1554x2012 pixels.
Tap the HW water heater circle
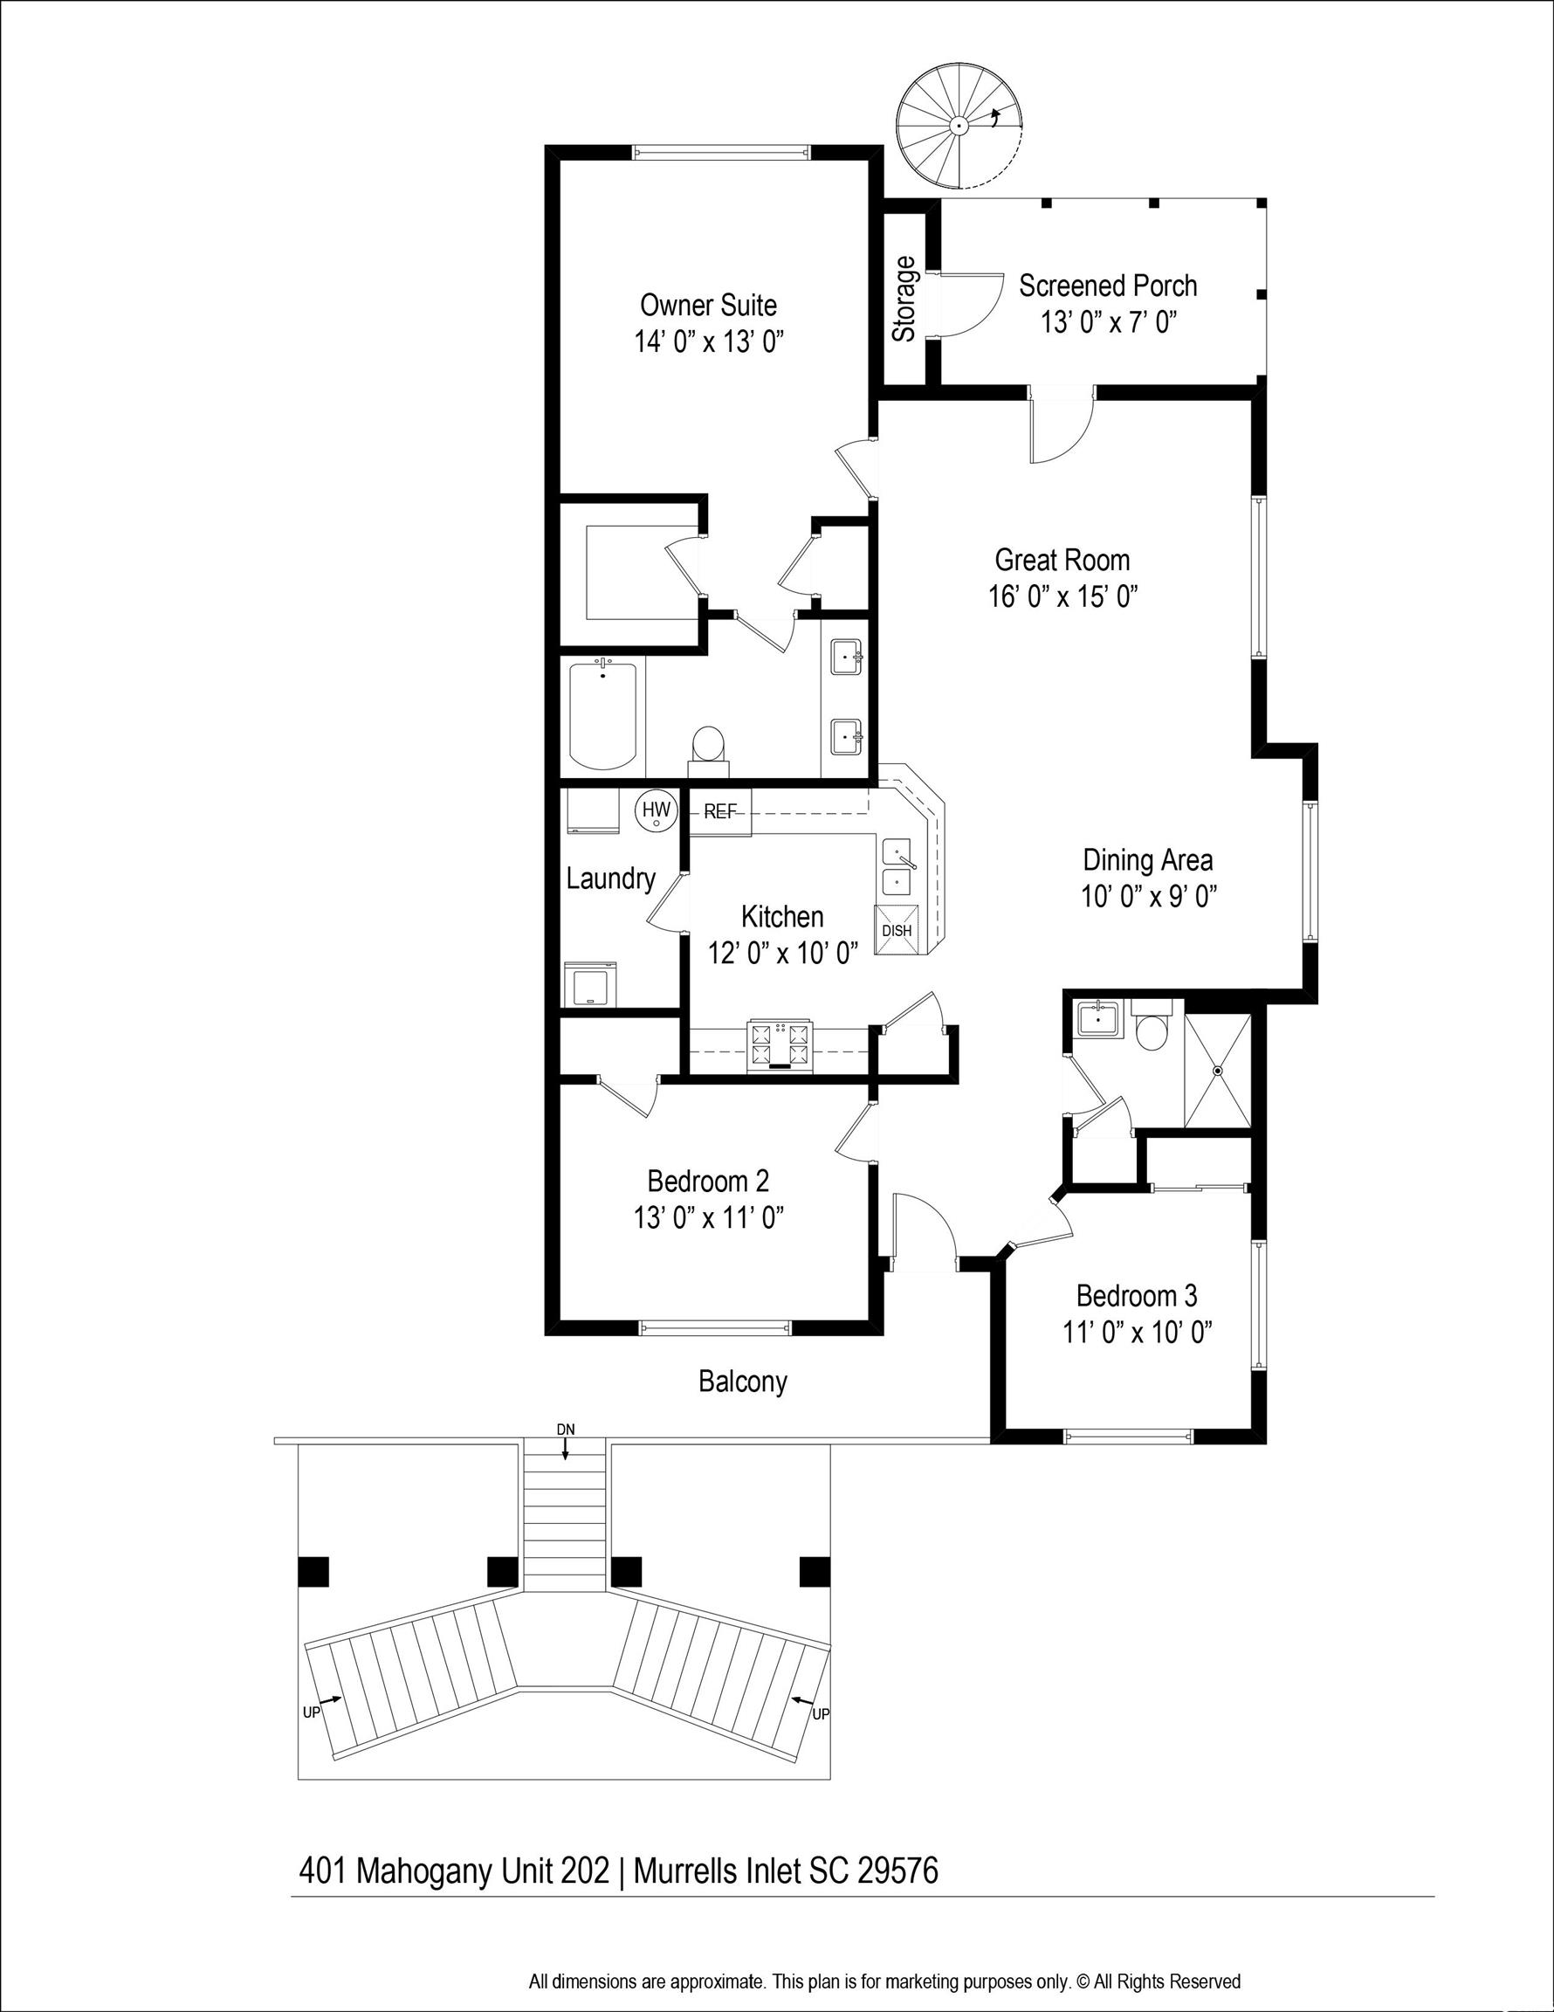(656, 810)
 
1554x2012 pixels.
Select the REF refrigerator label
(720, 811)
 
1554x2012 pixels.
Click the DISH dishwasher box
(897, 929)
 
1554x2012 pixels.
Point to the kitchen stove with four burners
(781, 1045)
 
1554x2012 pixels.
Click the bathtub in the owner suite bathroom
(603, 715)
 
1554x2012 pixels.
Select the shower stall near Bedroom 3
(1217, 1071)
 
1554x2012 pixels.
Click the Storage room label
(904, 300)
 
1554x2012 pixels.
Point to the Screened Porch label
(1108, 286)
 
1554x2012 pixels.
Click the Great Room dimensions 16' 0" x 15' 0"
(1063, 597)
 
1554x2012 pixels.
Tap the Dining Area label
(1148, 860)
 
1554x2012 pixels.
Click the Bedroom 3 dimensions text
(1137, 1333)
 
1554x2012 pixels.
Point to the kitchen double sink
(898, 867)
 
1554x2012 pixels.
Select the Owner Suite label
(708, 305)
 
